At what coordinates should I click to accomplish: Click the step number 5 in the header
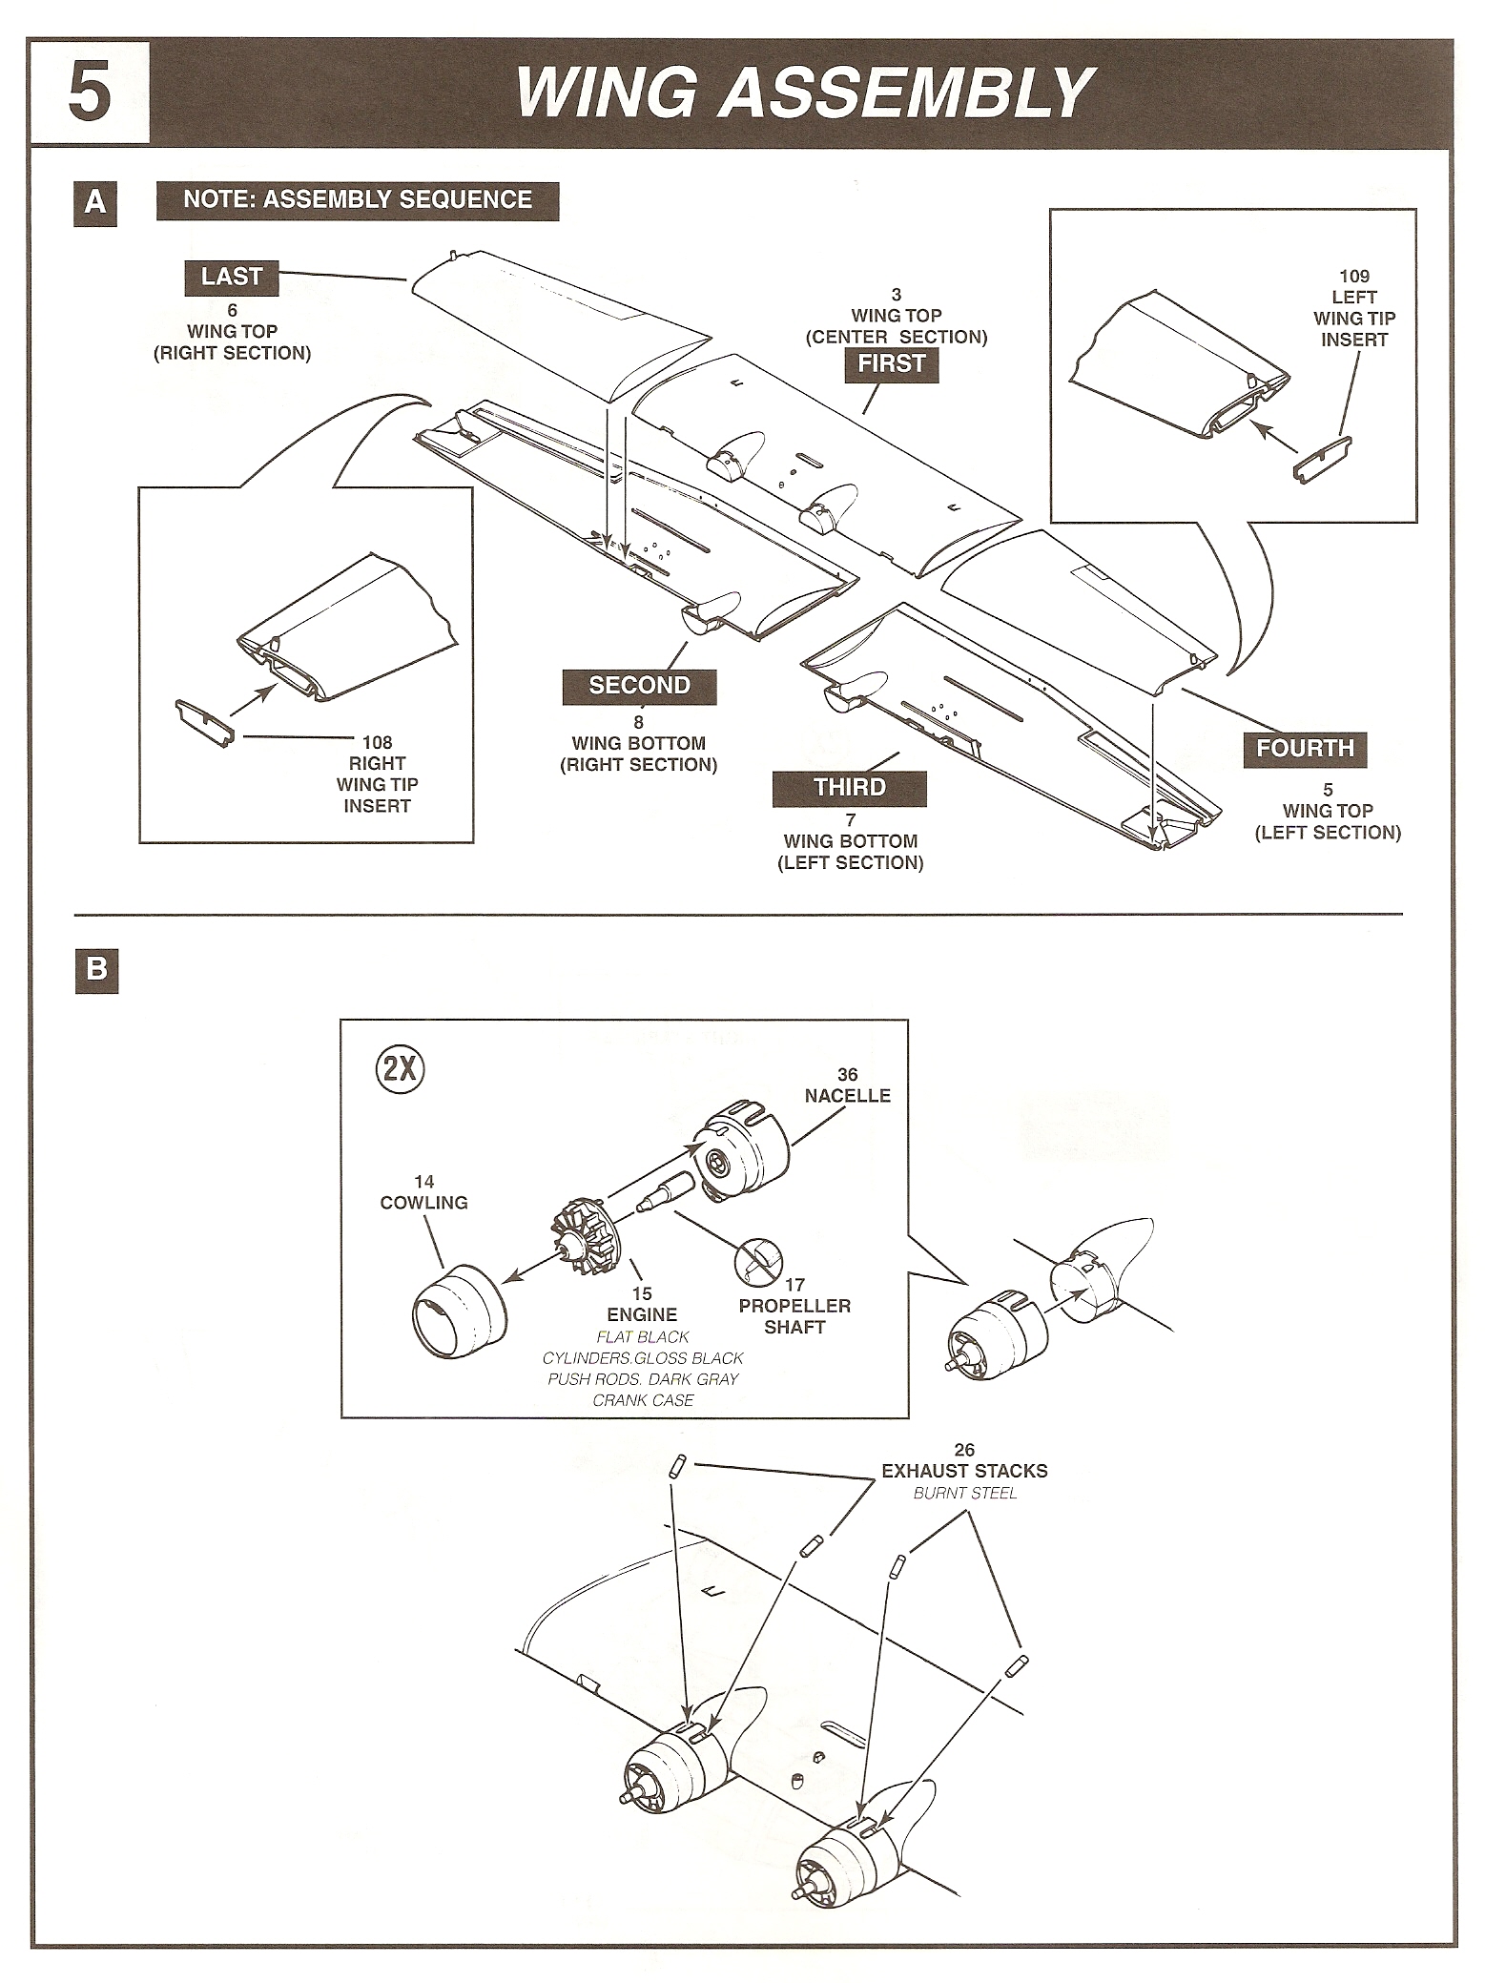pyautogui.click(x=89, y=93)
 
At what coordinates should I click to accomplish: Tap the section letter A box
pyautogui.click(x=95, y=203)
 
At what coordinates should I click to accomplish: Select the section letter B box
pyautogui.click(x=96, y=970)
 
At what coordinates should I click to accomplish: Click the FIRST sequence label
pyautogui.click(x=892, y=363)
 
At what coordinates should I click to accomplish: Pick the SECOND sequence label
pyautogui.click(x=639, y=686)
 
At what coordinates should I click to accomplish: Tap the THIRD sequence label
pyautogui.click(x=849, y=788)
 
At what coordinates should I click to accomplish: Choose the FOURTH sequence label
pyautogui.click(x=1305, y=749)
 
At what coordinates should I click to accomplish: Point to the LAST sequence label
pyautogui.click(x=231, y=278)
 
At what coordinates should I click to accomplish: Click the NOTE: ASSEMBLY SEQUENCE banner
pyautogui.click(x=358, y=200)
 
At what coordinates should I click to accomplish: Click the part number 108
pyautogui.click(x=378, y=742)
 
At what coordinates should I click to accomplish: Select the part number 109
pyautogui.click(x=1354, y=277)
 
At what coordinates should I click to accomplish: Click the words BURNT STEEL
pyautogui.click(x=964, y=1493)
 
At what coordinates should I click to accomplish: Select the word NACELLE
pyautogui.click(x=847, y=1096)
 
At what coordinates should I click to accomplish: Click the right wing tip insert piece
pyautogui.click(x=205, y=723)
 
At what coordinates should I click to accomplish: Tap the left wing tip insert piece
pyautogui.click(x=1323, y=459)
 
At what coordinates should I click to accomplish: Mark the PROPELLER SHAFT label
pyautogui.click(x=794, y=1316)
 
